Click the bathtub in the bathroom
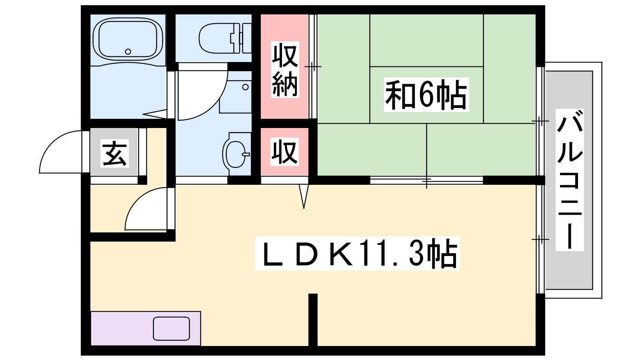pos(128,40)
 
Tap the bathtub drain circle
pos(128,52)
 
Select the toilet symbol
pos(225,38)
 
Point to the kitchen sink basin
pos(172,328)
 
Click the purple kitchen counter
pos(146,328)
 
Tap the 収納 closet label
pos(285,70)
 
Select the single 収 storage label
pos(284,152)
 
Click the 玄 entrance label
pos(114,154)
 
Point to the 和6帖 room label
pos(426,94)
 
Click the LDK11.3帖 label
pos(357,254)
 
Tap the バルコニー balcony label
pos(570,180)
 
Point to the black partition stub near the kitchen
pos(313,320)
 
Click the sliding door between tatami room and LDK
pos(426,180)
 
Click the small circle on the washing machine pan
pos(246,87)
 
